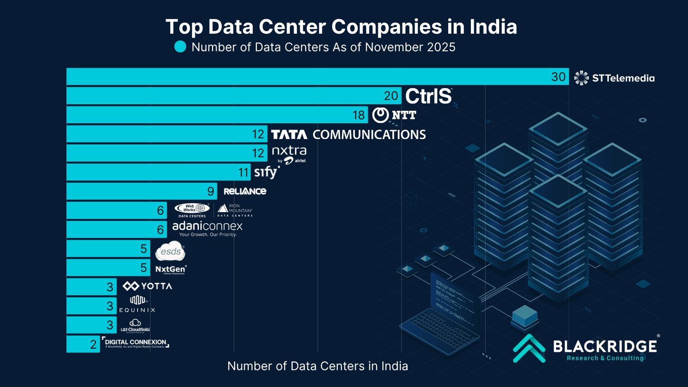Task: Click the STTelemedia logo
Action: click(x=614, y=78)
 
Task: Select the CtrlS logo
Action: click(x=429, y=96)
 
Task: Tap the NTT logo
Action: click(x=394, y=115)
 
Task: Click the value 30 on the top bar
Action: click(x=559, y=77)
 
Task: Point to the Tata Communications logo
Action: click(x=348, y=135)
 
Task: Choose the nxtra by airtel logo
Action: click(x=289, y=154)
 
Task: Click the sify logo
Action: click(x=266, y=173)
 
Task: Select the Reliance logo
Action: click(x=245, y=191)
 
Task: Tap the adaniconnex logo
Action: click(x=207, y=229)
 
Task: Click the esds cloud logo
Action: click(x=170, y=250)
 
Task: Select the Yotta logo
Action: click(x=147, y=286)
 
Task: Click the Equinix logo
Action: click(x=136, y=305)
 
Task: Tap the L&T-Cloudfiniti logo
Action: click(x=134, y=326)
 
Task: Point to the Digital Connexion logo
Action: click(x=135, y=343)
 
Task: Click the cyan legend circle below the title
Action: click(x=180, y=47)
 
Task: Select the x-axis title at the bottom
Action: click(x=317, y=366)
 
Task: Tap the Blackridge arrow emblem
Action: click(x=529, y=348)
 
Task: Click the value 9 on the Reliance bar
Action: click(x=211, y=191)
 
